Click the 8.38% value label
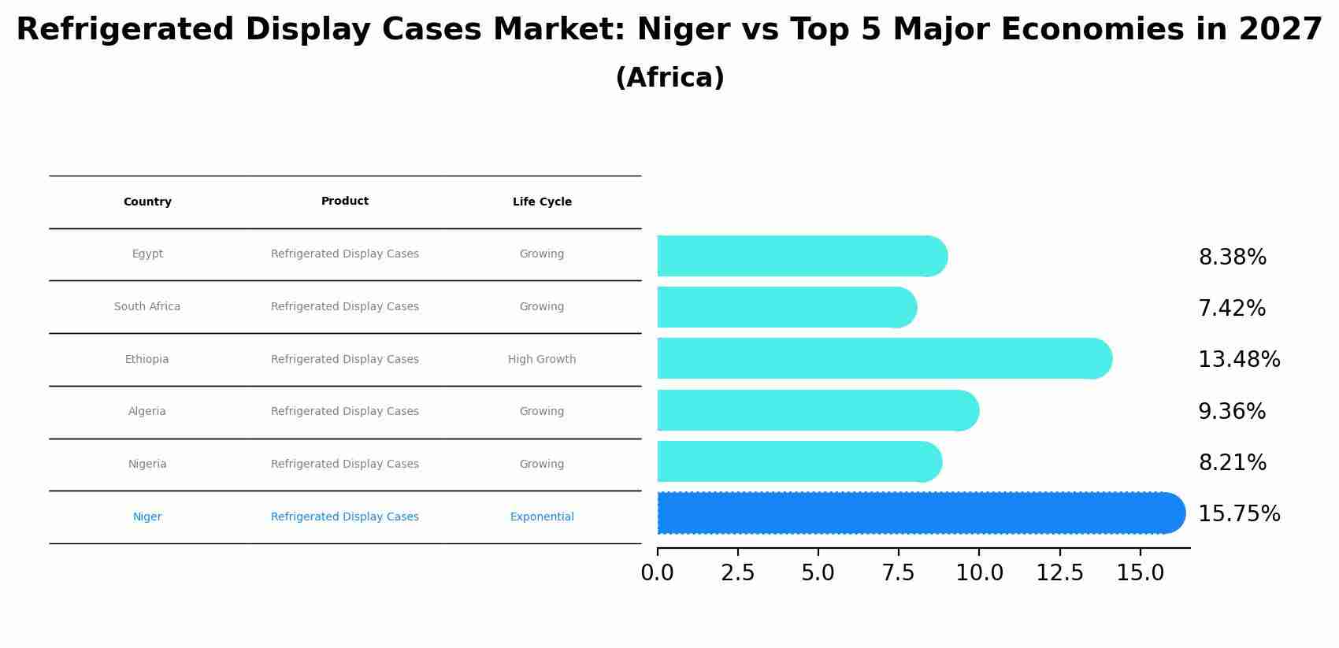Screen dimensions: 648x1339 [1232, 257]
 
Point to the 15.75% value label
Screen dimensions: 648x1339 [1238, 514]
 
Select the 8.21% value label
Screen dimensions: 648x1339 [1232, 463]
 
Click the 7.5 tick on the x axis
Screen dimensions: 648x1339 [899, 573]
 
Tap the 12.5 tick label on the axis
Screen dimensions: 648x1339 [1059, 573]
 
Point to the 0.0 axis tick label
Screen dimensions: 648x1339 [658, 573]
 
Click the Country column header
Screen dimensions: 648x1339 [147, 202]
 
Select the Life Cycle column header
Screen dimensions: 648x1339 [542, 202]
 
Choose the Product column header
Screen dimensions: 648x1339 [345, 202]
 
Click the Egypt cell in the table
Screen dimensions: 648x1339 [147, 254]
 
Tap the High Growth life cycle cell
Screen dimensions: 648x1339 [542, 360]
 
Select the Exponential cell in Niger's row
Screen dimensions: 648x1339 [542, 517]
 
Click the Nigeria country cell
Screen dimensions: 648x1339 [147, 465]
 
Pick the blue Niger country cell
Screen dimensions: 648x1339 [147, 517]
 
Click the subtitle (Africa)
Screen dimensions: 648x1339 [669, 79]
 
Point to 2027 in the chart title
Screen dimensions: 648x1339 [1281, 30]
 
